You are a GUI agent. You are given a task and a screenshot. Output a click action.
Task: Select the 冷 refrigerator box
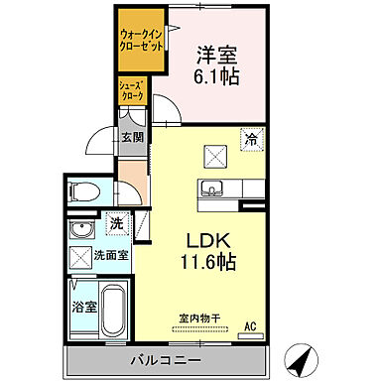(x=252, y=140)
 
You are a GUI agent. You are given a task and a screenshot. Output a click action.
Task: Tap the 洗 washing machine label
(x=116, y=224)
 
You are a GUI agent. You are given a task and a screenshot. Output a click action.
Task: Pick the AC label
(x=251, y=325)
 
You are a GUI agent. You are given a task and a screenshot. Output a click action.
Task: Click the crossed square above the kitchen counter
(x=212, y=154)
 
